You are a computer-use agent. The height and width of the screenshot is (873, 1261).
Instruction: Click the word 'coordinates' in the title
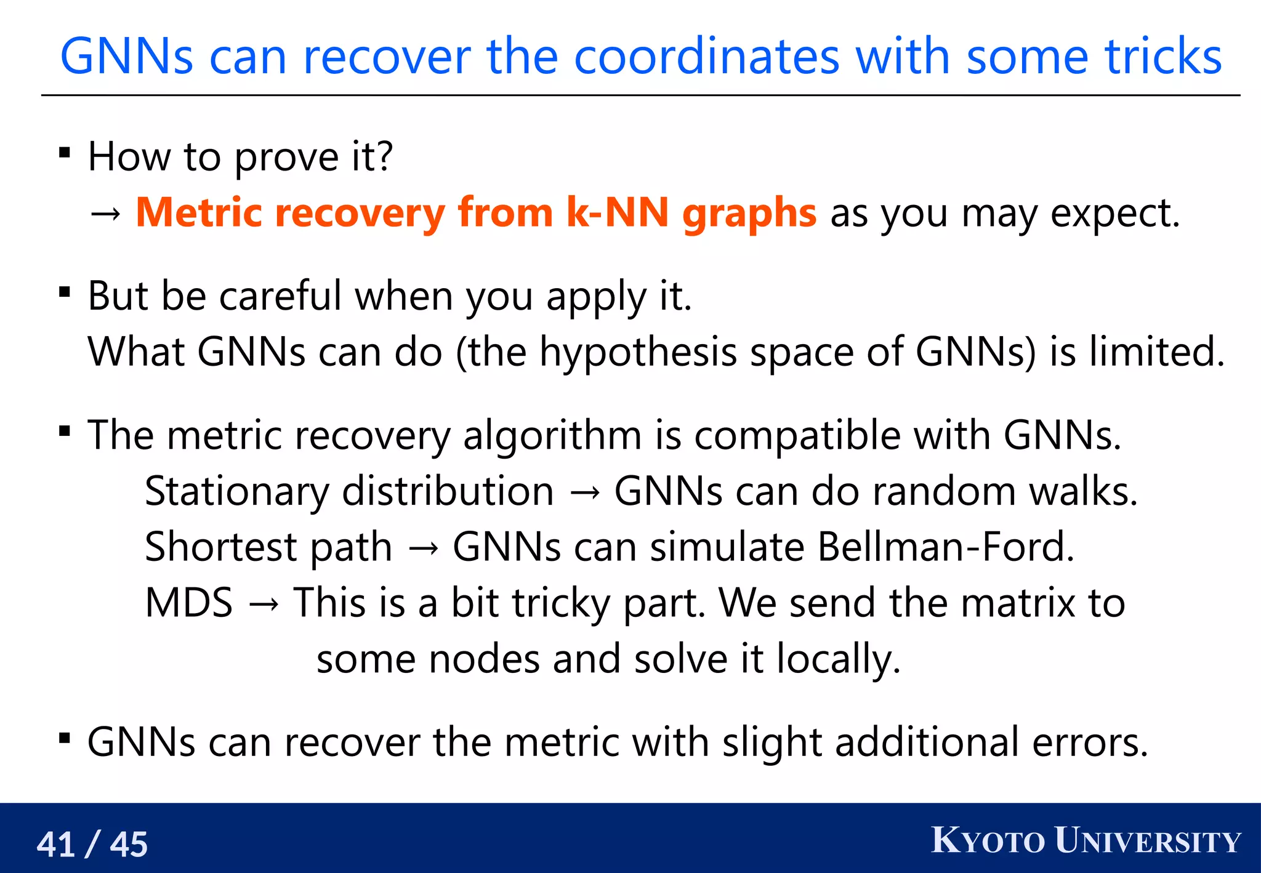coord(706,57)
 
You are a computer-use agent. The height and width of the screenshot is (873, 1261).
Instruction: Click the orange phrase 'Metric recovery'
coord(290,213)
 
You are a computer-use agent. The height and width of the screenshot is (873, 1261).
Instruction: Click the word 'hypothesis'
coord(638,353)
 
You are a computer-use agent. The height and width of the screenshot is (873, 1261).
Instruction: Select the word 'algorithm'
coord(552,436)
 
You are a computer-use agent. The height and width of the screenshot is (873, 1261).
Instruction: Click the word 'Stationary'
coord(237,492)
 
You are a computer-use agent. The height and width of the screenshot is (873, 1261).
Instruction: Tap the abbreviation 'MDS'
coord(189,603)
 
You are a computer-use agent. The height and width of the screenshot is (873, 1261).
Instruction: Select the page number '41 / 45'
coord(92,844)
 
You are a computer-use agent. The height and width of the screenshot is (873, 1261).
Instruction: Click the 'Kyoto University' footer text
coord(1086,841)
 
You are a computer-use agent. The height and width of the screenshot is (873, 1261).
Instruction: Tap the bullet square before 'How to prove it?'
coord(65,153)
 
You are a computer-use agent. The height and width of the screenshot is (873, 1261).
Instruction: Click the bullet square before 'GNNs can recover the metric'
coord(65,738)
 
